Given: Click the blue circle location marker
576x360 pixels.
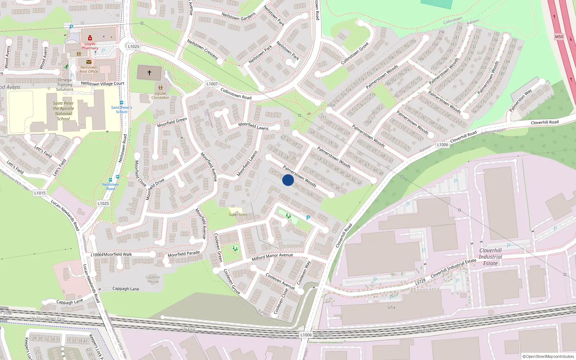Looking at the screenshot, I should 288,180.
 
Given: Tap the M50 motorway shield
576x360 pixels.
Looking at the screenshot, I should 559,37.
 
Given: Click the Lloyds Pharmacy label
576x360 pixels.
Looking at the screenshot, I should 90,46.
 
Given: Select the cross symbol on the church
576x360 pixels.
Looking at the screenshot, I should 149,73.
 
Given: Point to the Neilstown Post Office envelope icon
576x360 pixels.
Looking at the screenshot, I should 89,62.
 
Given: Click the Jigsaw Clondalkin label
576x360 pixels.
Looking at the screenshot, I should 160,95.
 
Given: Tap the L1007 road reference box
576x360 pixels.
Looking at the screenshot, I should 212,84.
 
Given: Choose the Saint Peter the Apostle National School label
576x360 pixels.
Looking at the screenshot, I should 63,111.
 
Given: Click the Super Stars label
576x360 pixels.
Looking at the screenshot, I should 238,215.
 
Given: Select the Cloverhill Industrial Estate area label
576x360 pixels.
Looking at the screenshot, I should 490,257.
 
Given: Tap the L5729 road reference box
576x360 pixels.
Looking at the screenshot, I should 420,282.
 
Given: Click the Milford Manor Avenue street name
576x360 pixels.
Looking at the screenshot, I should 272,256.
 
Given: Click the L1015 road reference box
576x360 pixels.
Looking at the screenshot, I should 40,193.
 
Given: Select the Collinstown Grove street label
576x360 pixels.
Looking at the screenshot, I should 355,54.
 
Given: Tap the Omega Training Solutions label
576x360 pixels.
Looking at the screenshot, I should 65,85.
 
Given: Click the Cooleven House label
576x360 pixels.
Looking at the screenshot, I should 153,279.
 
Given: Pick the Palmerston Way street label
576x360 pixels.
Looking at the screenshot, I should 521,100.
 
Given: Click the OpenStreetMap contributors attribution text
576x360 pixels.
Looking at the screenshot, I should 548,356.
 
